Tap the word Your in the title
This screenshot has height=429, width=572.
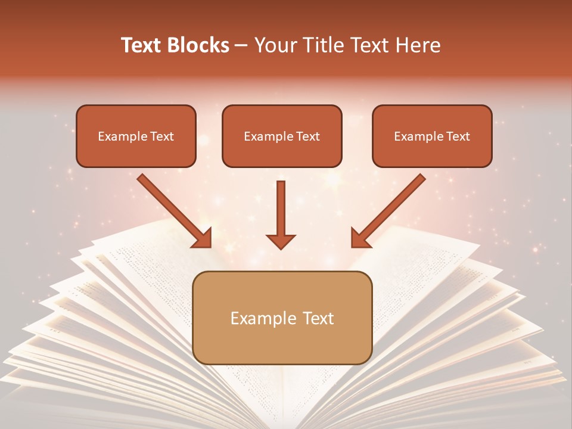(273, 45)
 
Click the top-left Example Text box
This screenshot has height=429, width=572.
(136, 136)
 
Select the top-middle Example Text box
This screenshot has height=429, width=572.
(282, 136)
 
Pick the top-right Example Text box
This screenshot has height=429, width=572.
(432, 136)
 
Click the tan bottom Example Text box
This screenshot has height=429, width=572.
(282, 318)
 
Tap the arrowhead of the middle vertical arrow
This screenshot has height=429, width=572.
(281, 241)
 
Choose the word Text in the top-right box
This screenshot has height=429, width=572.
(458, 136)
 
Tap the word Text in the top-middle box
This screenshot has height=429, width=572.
(307, 136)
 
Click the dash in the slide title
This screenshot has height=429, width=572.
(241, 46)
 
